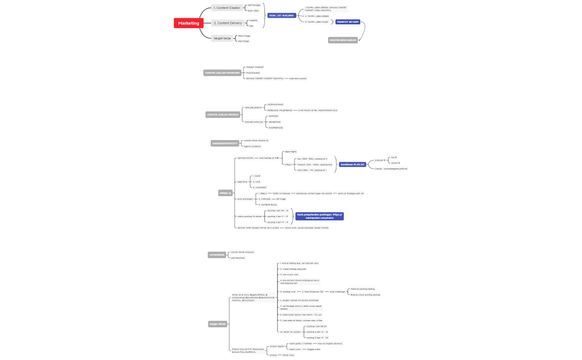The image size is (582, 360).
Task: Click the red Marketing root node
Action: pos(188,23)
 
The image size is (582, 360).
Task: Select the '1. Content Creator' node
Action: pos(227,8)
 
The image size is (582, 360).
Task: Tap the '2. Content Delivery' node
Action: pos(228,23)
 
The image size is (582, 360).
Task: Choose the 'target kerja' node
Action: pos(222,38)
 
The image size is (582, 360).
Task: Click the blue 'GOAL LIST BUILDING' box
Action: pos(282,16)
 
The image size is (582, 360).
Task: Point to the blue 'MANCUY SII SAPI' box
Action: pos(348,22)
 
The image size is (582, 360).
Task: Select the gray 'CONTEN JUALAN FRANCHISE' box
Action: pos(222,73)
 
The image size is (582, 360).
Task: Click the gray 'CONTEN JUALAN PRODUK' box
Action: pos(221,115)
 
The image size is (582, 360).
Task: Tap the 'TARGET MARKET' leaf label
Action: pos(255,67)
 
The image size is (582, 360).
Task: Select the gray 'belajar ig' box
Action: pos(225,193)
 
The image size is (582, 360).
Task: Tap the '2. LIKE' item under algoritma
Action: pos(257,181)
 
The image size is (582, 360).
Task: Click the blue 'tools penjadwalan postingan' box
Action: pos(320,216)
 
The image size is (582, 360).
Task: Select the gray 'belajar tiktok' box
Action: pos(218,323)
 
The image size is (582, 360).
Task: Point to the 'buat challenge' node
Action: pos(337,291)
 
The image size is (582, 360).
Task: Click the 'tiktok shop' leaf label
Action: pos(288,354)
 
